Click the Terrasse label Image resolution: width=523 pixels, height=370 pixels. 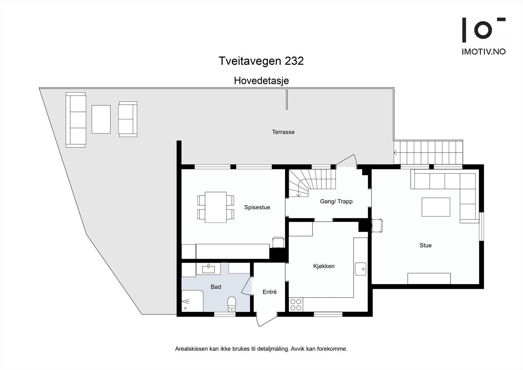coord(283,132)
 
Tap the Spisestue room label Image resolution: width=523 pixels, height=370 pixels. coord(257,207)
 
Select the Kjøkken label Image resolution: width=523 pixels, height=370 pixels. coord(324,266)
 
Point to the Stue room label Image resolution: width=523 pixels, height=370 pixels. coord(426,245)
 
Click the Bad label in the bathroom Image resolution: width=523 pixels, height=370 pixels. coord(216,287)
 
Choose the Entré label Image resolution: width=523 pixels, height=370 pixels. coord(270,292)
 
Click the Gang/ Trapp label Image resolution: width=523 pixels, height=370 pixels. coord(336,202)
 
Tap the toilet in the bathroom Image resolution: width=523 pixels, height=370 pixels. coord(232,304)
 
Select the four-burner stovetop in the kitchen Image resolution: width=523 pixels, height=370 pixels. coord(296,305)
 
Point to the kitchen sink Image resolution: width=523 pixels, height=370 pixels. coord(361,269)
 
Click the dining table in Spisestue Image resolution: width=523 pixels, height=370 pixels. coord(216,207)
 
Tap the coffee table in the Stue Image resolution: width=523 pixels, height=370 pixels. coord(436,207)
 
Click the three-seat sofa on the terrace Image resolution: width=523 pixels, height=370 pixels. coord(76,120)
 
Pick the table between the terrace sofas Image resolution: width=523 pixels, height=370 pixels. coord(101,119)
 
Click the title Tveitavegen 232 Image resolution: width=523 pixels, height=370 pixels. coord(261,61)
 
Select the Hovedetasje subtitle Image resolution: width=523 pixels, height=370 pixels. coord(261,81)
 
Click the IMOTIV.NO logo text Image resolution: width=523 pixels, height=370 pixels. coord(483,52)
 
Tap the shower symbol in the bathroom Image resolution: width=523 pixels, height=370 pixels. coord(186,301)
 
